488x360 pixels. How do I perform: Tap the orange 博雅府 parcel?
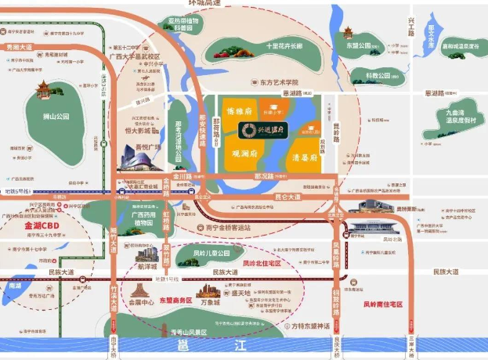(238, 112)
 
